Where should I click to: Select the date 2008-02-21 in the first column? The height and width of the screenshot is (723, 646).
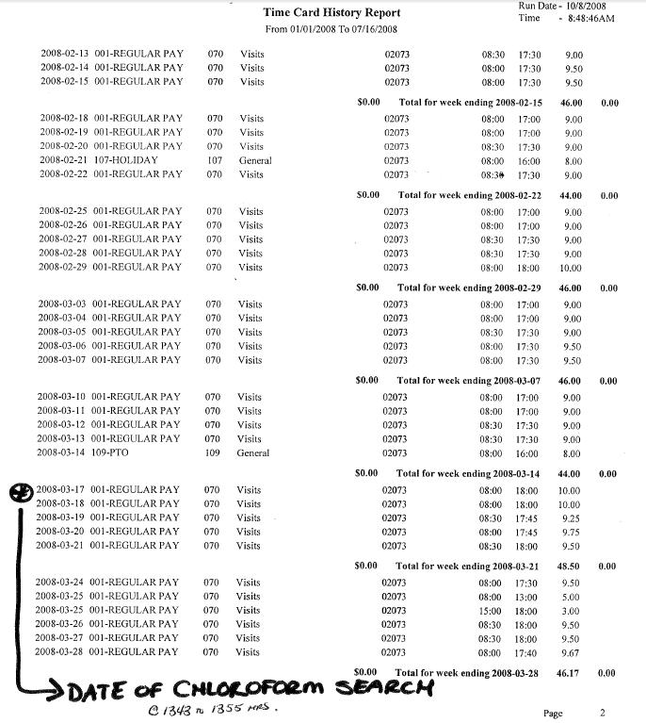(66, 160)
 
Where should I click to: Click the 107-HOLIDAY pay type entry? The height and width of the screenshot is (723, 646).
(132, 160)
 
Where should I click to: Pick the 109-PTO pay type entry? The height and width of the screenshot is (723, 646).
(118, 452)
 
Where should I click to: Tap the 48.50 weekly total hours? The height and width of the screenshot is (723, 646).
(569, 567)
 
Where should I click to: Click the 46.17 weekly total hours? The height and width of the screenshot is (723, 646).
(569, 674)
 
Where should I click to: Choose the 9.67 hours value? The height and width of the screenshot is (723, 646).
(572, 652)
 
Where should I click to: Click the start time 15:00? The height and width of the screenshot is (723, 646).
(490, 611)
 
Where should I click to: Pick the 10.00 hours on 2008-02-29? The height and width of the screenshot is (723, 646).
(572, 268)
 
